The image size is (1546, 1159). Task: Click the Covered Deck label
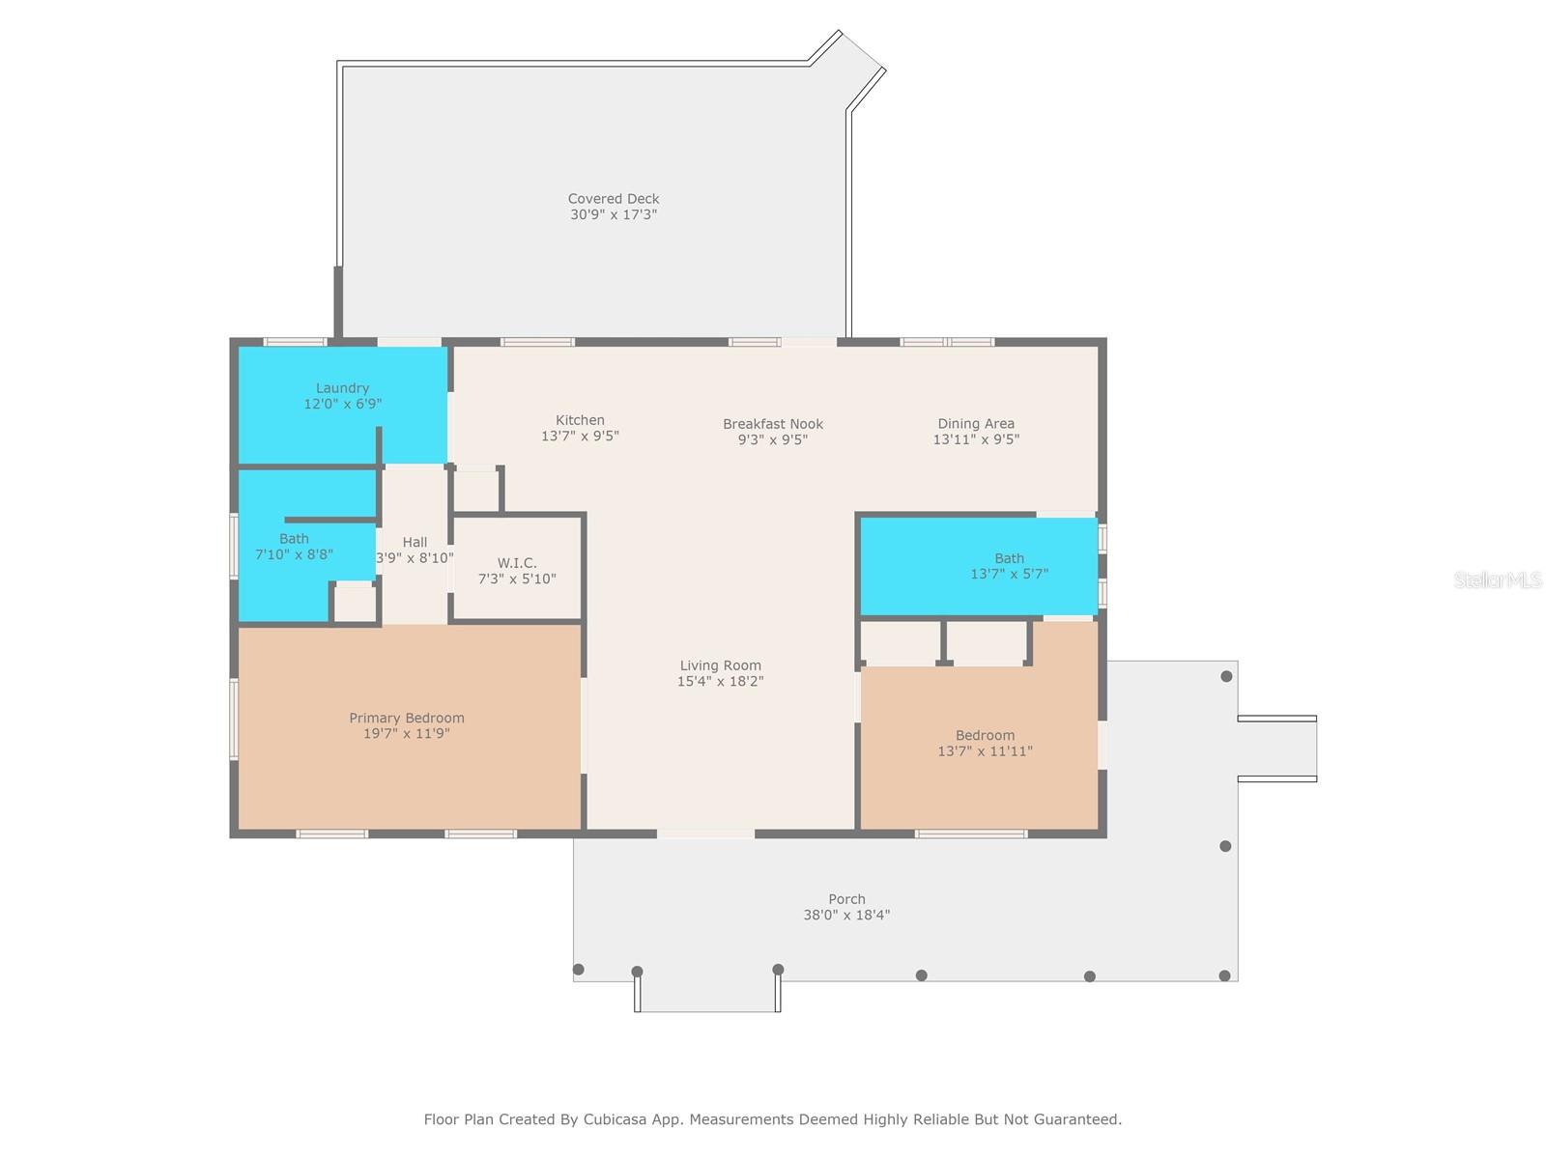(614, 199)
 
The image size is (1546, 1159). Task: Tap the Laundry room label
(342, 388)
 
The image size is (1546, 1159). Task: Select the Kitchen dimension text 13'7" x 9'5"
(580, 436)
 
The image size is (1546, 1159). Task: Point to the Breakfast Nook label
(773, 424)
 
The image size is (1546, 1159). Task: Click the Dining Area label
(976, 423)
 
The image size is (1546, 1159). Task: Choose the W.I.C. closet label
(517, 563)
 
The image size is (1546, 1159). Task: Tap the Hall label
(415, 542)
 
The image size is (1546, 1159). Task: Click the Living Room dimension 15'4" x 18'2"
(720, 681)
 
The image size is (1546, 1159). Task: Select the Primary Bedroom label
(407, 718)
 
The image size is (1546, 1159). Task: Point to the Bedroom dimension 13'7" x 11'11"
(985, 750)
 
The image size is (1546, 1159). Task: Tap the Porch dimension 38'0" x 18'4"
(846, 915)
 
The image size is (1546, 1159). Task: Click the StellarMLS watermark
(1498, 579)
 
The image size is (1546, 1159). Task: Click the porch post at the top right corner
(1226, 676)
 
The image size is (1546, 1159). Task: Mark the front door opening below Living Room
(705, 833)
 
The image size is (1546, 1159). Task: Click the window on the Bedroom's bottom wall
(971, 833)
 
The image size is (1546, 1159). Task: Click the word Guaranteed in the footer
(1076, 1119)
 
